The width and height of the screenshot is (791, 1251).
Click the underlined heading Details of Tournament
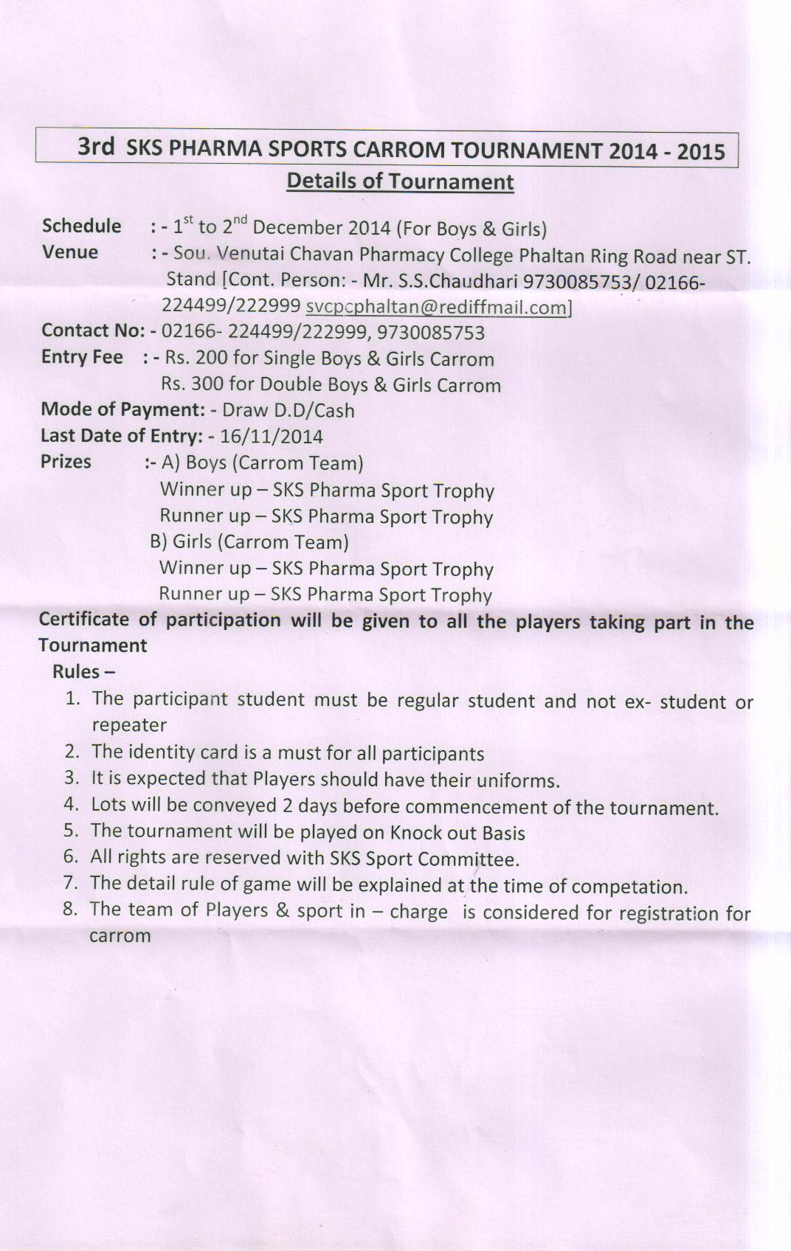click(x=400, y=181)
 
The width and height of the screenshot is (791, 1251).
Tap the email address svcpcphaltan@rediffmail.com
click(x=437, y=307)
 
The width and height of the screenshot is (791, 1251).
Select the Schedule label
click(x=82, y=226)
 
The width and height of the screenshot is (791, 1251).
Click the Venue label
click(x=70, y=252)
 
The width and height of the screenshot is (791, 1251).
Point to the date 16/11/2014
click(x=272, y=437)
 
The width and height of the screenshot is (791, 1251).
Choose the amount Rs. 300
click(x=192, y=384)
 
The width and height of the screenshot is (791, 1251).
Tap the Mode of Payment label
click(x=122, y=409)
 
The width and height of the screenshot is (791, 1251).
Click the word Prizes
click(x=66, y=462)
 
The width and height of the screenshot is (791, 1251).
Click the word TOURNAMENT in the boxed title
click(x=526, y=150)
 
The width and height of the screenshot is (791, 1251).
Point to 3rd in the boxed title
click(x=96, y=146)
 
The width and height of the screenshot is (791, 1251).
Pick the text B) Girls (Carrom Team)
click(x=249, y=542)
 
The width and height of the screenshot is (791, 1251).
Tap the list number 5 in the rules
click(x=71, y=831)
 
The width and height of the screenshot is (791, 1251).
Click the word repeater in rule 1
click(x=129, y=725)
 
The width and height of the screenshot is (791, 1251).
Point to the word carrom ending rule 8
click(x=120, y=936)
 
